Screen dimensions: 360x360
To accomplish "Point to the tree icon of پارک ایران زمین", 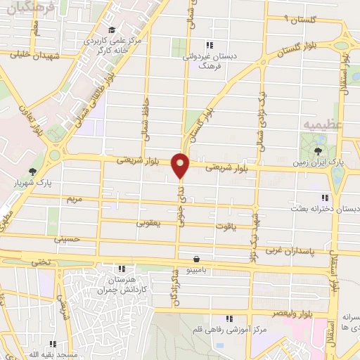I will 319,150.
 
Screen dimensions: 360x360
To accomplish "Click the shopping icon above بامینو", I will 195,258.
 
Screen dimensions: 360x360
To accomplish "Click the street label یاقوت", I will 242,226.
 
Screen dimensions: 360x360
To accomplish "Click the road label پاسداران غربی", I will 290,250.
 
